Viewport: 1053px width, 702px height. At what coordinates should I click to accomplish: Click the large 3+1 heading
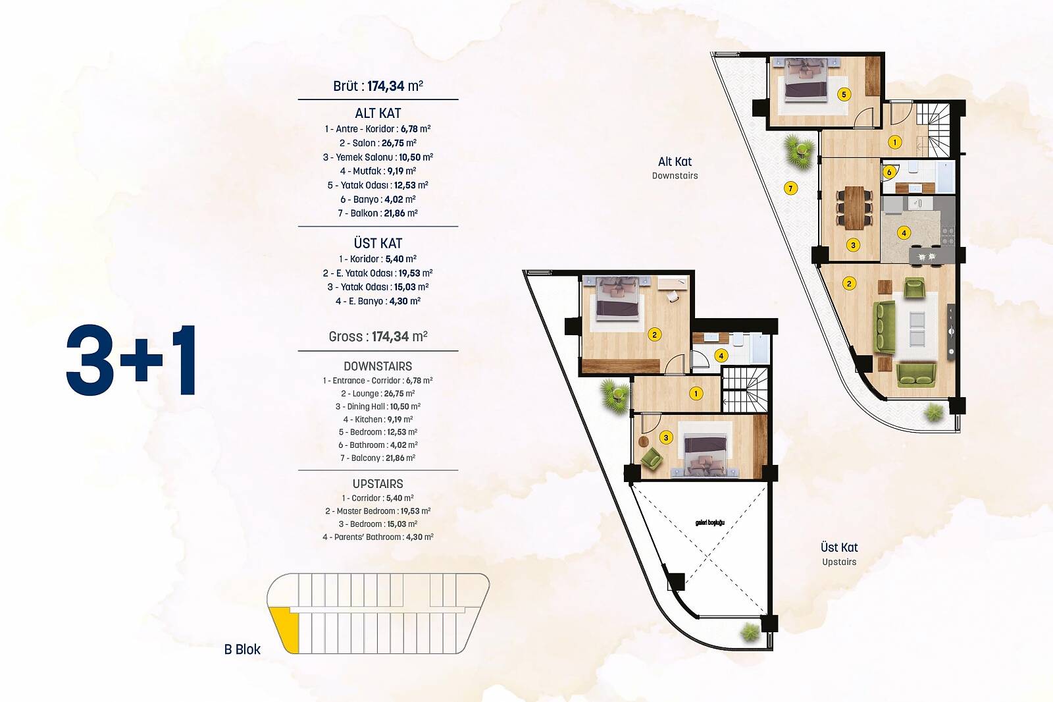tap(131, 360)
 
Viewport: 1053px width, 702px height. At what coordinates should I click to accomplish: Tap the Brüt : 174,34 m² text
tap(378, 86)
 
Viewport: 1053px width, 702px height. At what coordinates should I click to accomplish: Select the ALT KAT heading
tap(378, 113)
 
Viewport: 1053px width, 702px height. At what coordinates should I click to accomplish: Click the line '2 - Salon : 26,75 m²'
tap(378, 143)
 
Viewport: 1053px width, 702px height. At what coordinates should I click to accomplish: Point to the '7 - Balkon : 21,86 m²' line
tap(378, 213)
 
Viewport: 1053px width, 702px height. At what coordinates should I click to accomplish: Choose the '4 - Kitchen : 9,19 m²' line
tap(378, 419)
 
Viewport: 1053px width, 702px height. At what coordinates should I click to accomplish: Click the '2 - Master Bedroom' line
tap(378, 511)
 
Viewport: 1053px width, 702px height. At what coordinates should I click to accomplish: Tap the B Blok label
tap(242, 649)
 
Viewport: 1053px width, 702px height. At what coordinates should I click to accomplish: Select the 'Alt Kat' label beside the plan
tap(675, 162)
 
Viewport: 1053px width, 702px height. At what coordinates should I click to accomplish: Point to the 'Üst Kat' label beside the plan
tap(839, 548)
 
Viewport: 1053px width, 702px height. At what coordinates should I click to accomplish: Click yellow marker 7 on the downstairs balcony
tap(790, 189)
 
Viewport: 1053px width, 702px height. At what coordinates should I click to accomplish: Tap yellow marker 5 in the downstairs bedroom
tap(844, 95)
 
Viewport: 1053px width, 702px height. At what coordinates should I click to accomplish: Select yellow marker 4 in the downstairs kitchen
tap(904, 232)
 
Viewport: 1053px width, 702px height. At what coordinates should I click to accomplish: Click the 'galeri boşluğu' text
tap(710, 523)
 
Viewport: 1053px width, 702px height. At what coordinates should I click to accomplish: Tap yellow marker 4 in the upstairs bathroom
tap(721, 356)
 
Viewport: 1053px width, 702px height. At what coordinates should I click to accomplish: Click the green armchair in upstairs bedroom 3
tap(651, 458)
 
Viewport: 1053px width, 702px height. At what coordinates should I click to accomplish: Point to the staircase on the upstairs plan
tap(744, 390)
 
